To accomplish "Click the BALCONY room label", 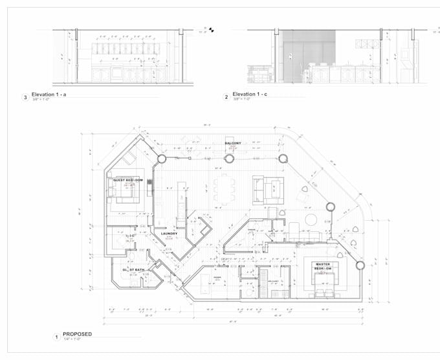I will click(x=233, y=143).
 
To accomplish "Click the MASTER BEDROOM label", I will click(x=323, y=267).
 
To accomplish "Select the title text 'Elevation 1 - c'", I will click(x=250, y=95).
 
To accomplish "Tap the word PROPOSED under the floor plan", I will click(x=77, y=334).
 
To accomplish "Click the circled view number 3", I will click(x=25, y=98).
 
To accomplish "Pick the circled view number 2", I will click(x=226, y=98).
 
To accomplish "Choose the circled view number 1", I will click(x=56, y=337).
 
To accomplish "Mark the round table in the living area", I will click(x=311, y=219).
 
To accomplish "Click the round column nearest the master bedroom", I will click(x=360, y=264).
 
